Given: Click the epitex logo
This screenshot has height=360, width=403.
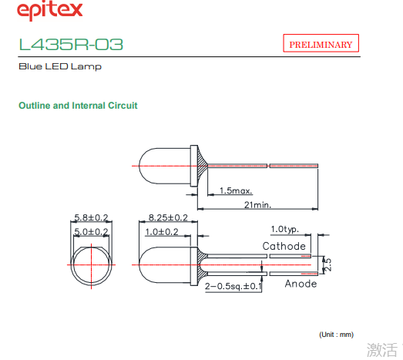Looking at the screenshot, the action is pyautogui.click(x=49, y=11).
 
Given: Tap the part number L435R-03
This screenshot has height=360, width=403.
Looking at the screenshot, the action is pyautogui.click(x=71, y=44).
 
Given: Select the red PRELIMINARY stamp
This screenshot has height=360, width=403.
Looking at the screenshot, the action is pyautogui.click(x=321, y=43).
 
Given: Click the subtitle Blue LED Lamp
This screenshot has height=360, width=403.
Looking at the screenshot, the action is pyautogui.click(x=60, y=66).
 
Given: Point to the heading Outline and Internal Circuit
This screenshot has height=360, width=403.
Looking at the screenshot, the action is pyautogui.click(x=78, y=106).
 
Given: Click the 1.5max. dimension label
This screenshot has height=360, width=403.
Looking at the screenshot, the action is pyautogui.click(x=236, y=191).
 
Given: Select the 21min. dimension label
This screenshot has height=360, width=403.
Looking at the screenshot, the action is pyautogui.click(x=257, y=205).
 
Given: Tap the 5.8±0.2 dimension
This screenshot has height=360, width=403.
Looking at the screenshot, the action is pyautogui.click(x=91, y=217).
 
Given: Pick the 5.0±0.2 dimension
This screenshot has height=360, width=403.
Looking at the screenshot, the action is pyautogui.click(x=91, y=232).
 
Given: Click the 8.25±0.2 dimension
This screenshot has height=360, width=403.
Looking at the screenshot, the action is pyautogui.click(x=168, y=218).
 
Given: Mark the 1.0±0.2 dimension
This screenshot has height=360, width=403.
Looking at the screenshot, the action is pyautogui.click(x=162, y=232).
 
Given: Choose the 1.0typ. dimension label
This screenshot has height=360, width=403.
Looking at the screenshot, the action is pyautogui.click(x=285, y=229).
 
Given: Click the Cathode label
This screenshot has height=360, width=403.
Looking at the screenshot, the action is pyautogui.click(x=284, y=246).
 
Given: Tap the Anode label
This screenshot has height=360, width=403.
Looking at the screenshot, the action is pyautogui.click(x=301, y=284).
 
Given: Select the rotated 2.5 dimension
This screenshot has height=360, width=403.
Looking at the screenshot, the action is pyautogui.click(x=327, y=265).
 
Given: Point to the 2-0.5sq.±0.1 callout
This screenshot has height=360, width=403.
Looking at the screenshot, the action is pyautogui.click(x=233, y=286).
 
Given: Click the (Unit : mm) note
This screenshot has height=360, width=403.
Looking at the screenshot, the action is pyautogui.click(x=337, y=335).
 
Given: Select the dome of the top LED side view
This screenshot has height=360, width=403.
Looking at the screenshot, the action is pyautogui.click(x=139, y=166).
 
